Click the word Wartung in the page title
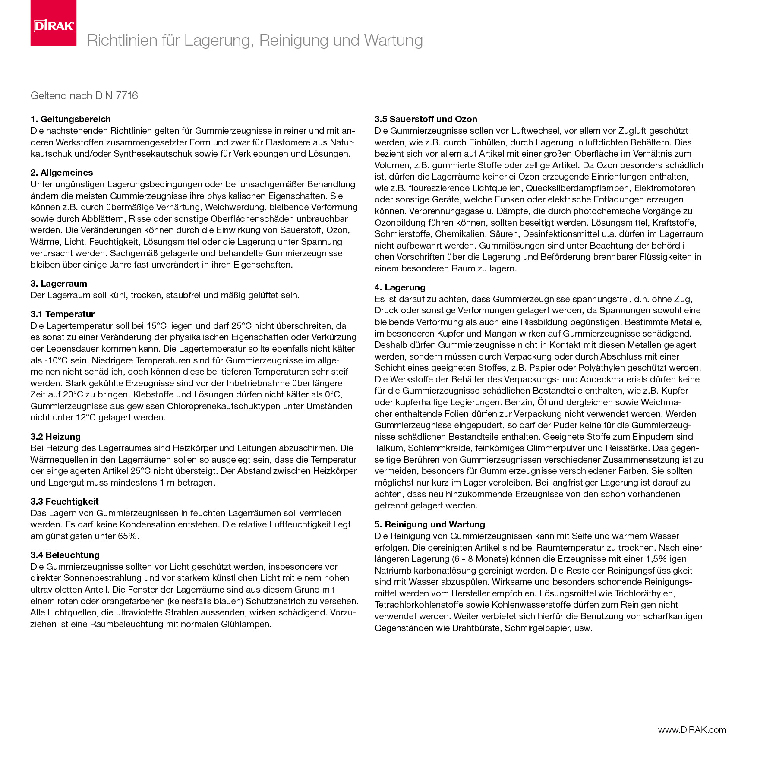pyautogui.click(x=393, y=41)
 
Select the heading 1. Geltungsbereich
pyautogui.click(x=70, y=119)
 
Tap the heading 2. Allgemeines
pyautogui.click(x=62, y=173)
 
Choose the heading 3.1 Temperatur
pyautogui.click(x=62, y=314)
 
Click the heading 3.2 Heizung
pyautogui.click(x=55, y=437)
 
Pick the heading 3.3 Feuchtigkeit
pyautogui.click(x=64, y=502)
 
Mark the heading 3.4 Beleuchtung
pyautogui.click(x=65, y=555)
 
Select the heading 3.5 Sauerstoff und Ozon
pyautogui.click(x=426, y=119)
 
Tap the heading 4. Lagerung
pyautogui.click(x=400, y=287)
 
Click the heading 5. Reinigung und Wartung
pyautogui.click(x=429, y=524)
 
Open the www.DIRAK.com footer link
pyautogui.click(x=692, y=730)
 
